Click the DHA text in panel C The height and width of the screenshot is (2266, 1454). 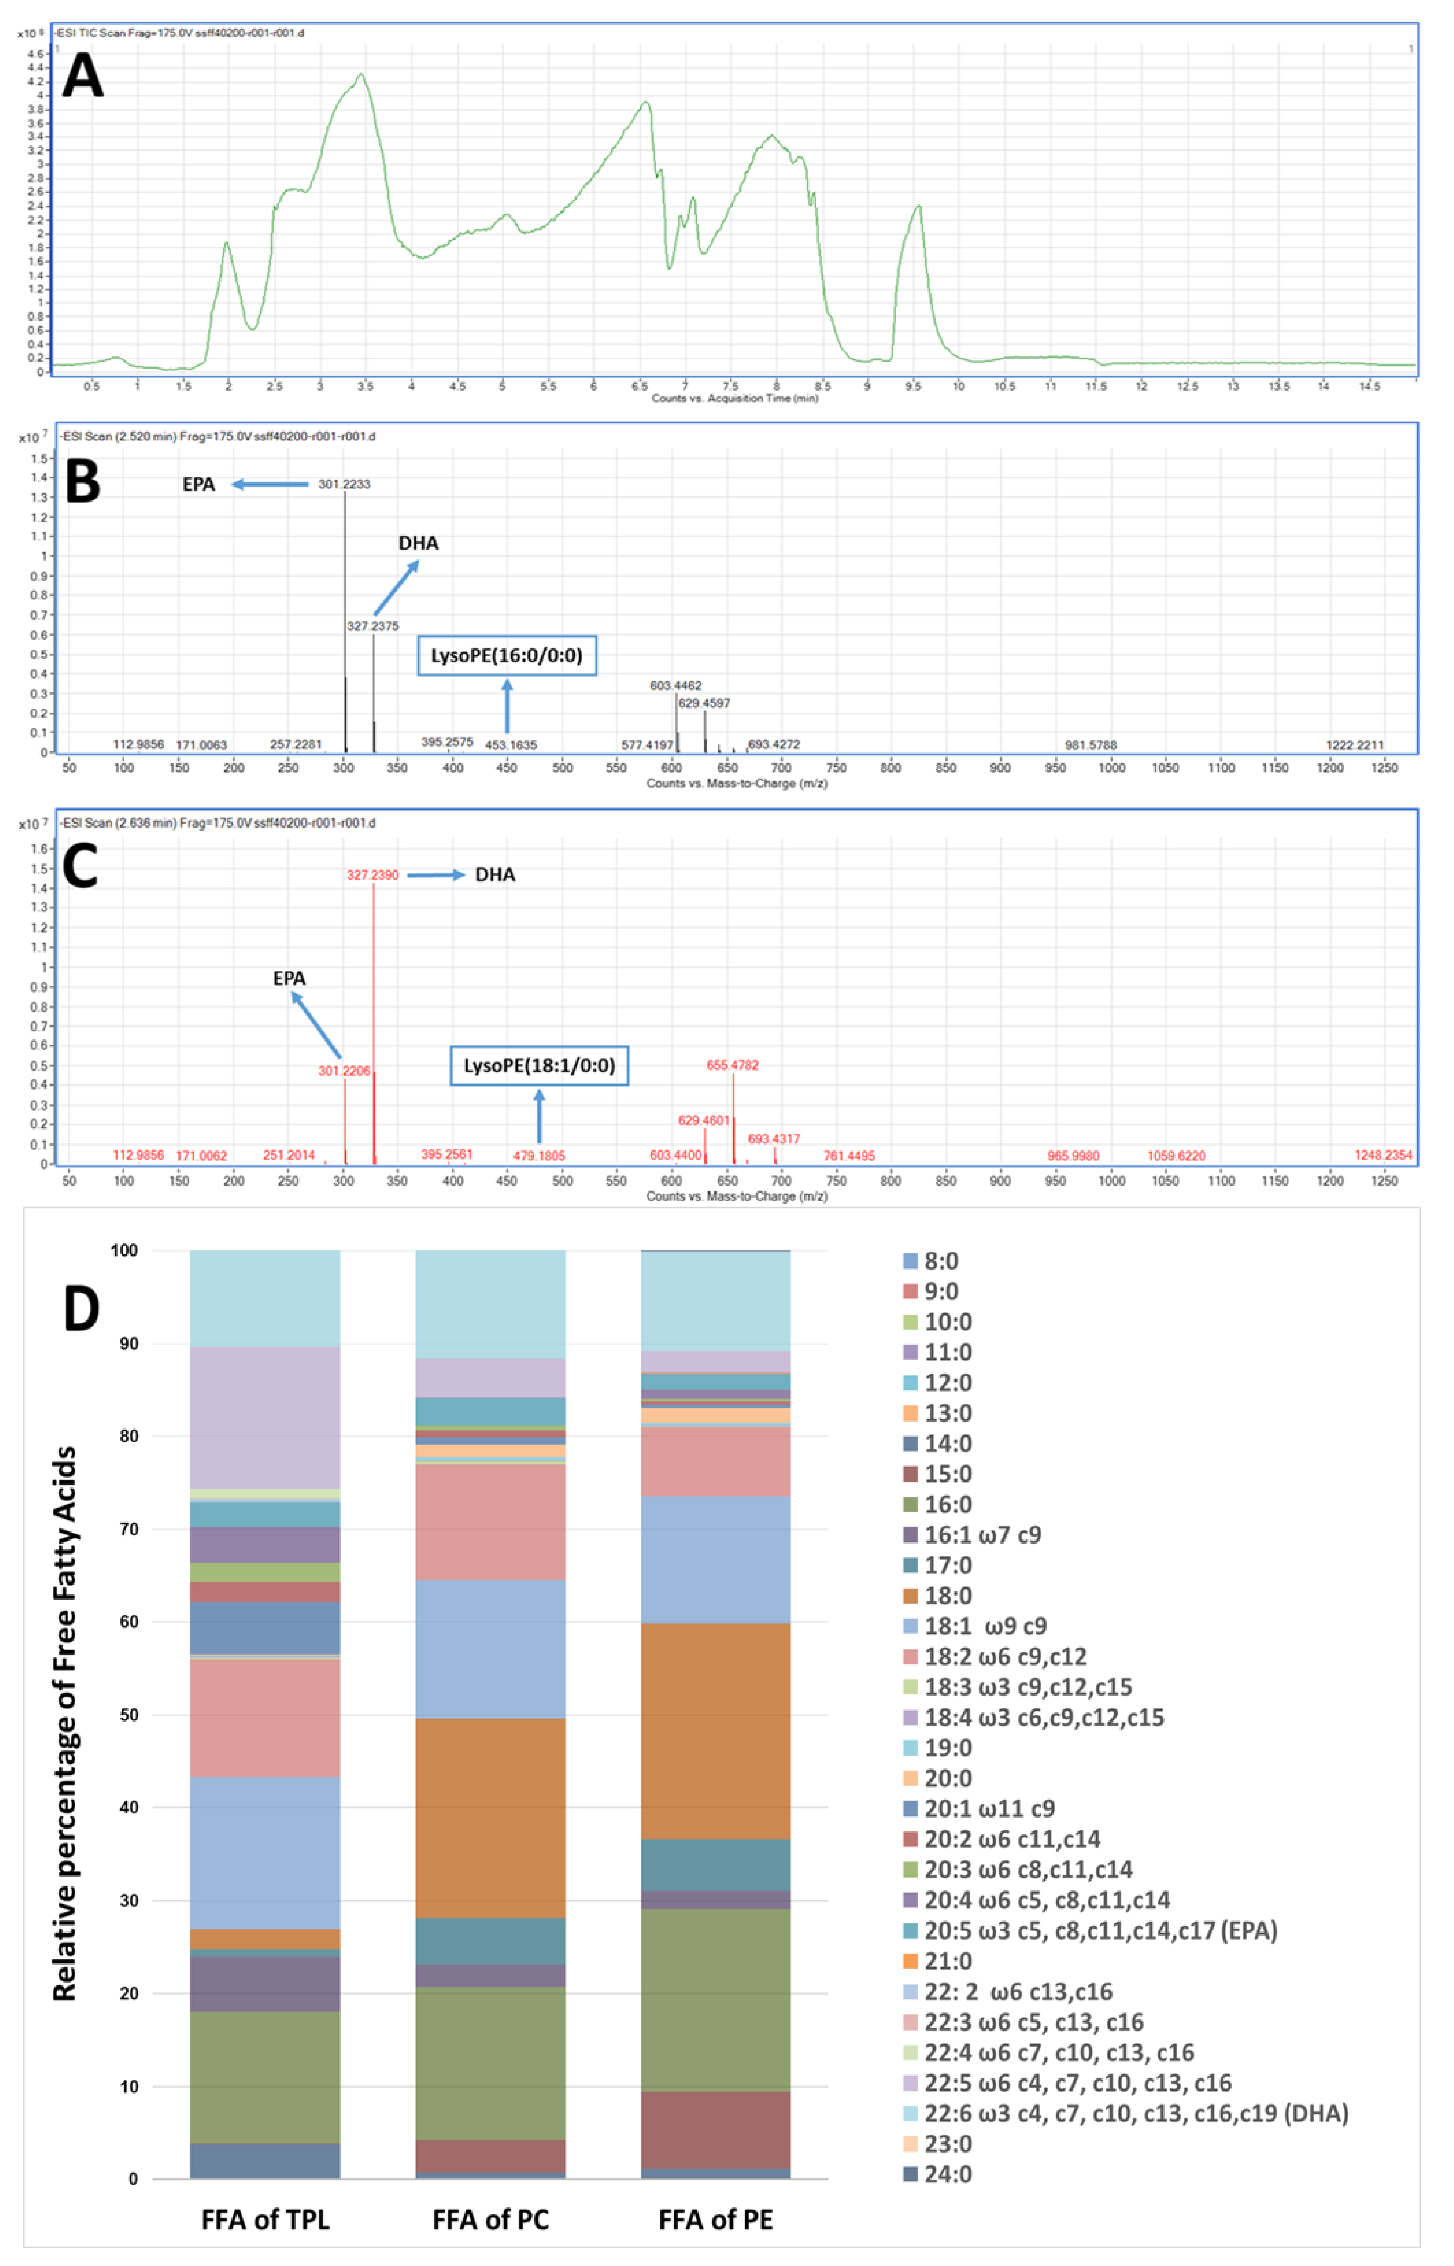pyautogui.click(x=495, y=874)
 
